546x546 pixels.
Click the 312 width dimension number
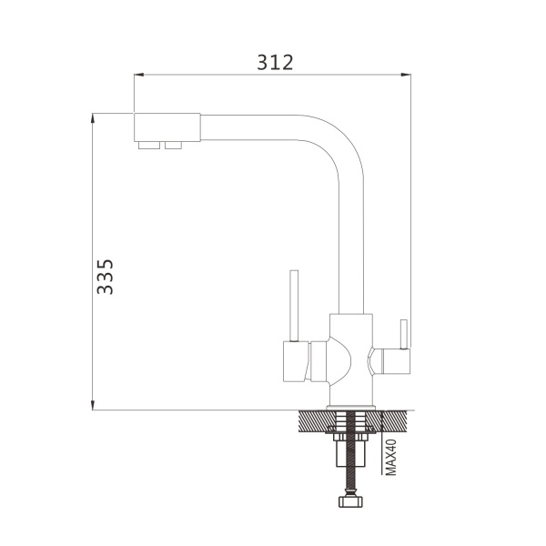275,63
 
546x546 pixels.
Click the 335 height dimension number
106,277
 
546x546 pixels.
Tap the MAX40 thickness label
391,457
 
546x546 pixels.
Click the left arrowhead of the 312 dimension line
139,75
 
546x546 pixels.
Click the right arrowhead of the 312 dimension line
406,75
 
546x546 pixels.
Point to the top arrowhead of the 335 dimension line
93,118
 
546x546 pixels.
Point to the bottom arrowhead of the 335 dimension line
93,405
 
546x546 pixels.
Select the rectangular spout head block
167,127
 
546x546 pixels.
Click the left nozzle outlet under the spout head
149,146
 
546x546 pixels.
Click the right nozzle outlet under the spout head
174,146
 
